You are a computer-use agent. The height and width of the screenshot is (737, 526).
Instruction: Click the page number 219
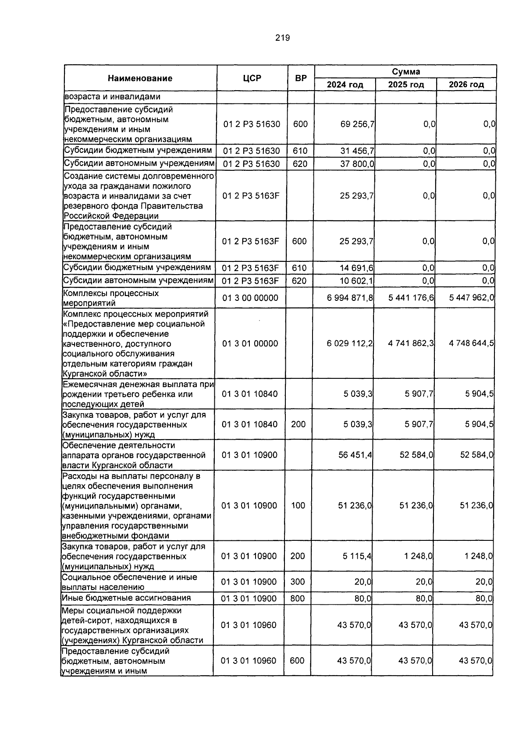click(x=283, y=38)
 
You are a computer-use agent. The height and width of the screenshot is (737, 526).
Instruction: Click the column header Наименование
click(x=140, y=78)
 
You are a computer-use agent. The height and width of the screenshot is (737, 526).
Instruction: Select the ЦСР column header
click(x=252, y=78)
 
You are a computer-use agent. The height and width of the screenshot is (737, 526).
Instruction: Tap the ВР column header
click(x=301, y=78)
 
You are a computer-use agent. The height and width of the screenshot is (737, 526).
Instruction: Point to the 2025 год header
click(x=406, y=85)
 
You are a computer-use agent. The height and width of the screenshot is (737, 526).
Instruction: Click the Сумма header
click(x=405, y=71)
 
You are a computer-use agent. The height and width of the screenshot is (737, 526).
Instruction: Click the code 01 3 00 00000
click(x=250, y=298)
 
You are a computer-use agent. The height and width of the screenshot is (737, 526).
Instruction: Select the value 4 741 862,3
click(x=411, y=343)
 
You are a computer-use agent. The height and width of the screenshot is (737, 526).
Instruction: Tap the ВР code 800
click(x=298, y=599)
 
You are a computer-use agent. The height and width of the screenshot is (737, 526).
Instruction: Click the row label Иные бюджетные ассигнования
click(x=126, y=598)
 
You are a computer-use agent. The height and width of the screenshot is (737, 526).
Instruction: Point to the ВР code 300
click(x=298, y=582)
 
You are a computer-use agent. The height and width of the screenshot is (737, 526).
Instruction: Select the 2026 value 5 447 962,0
click(x=472, y=298)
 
